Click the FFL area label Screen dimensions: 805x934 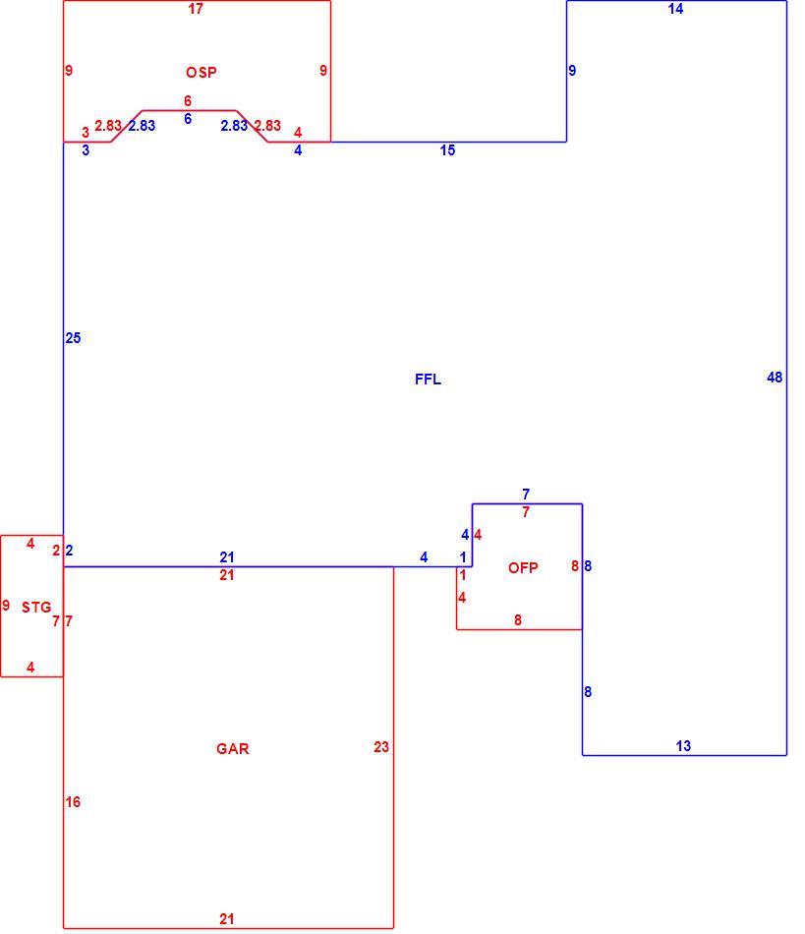[428, 379]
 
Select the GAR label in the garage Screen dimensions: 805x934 [232, 749]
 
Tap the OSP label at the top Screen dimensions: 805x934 [201, 73]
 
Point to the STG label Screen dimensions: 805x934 [36, 608]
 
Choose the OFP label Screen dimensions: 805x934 [523, 568]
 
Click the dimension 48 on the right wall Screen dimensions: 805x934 [775, 378]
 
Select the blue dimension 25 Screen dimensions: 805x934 [73, 338]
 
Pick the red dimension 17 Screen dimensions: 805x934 [196, 9]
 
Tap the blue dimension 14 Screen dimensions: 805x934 [675, 9]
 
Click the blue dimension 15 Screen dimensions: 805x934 [447, 150]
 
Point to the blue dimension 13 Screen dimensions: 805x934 [683, 746]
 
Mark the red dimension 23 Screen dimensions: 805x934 [381, 747]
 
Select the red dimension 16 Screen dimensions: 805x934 [73, 802]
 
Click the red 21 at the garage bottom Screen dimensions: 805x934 [226, 919]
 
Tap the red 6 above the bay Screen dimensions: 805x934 [188, 101]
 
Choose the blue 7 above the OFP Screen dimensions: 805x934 [526, 495]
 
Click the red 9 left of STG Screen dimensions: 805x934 [6, 606]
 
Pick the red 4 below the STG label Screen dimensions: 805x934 [30, 668]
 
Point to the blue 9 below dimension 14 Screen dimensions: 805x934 [572, 71]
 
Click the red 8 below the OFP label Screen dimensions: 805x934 [518, 620]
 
